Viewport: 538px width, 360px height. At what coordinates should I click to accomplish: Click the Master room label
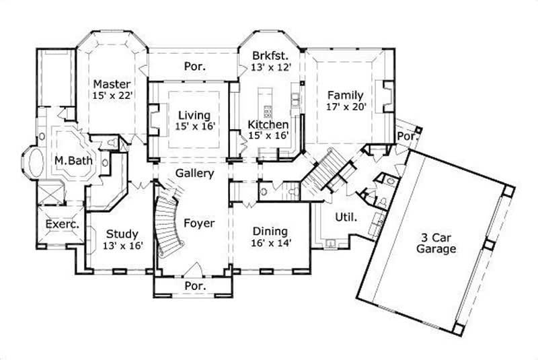click(111, 84)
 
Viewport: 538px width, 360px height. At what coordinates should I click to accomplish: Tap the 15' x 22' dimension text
click(111, 96)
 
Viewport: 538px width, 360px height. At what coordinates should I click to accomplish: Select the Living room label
click(194, 115)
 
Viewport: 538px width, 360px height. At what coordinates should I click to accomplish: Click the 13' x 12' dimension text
click(269, 67)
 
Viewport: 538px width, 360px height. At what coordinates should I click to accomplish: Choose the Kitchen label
click(268, 124)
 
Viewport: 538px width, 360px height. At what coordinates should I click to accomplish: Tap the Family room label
click(345, 95)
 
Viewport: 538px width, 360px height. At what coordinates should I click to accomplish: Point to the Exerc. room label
click(62, 225)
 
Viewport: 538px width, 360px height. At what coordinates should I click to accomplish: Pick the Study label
click(122, 234)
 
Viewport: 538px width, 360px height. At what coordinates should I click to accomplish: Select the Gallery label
click(195, 173)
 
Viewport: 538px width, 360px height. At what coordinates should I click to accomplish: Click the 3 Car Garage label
click(436, 242)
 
